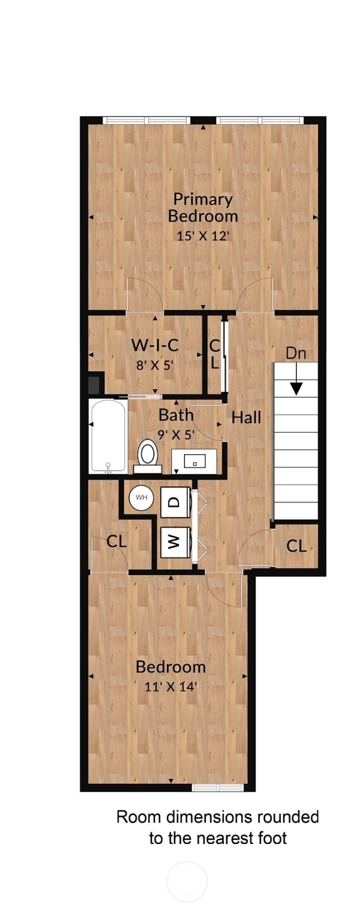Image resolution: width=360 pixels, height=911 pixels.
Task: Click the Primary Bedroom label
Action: (x=203, y=208)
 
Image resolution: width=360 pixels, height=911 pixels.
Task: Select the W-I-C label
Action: (x=155, y=345)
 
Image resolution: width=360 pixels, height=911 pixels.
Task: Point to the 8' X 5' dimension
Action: (x=155, y=365)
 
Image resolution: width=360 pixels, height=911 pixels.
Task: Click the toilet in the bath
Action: (x=147, y=456)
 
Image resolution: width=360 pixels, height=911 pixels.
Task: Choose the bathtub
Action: (x=108, y=437)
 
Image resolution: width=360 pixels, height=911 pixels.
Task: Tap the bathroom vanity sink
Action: (x=194, y=461)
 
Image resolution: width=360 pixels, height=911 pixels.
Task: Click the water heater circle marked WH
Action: (x=142, y=497)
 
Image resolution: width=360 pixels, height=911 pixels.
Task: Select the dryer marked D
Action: (x=175, y=502)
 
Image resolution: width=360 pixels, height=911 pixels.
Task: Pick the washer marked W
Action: (x=175, y=543)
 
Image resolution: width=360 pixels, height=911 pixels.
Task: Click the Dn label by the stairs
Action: (x=295, y=353)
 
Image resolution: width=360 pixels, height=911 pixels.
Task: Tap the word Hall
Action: (x=246, y=418)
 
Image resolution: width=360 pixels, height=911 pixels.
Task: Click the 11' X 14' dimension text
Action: (x=171, y=686)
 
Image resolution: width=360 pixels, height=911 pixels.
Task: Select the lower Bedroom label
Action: (x=170, y=667)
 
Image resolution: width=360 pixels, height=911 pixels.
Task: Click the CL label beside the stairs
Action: (x=296, y=546)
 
